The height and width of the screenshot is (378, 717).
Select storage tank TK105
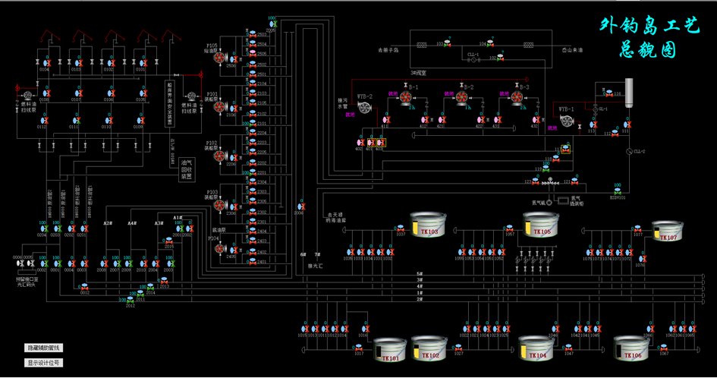click(541, 225)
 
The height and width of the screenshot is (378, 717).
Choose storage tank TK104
click(537, 349)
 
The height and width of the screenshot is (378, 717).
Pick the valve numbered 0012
click(84, 286)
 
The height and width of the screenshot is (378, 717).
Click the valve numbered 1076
click(640, 259)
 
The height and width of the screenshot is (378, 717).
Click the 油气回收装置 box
click(185, 169)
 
